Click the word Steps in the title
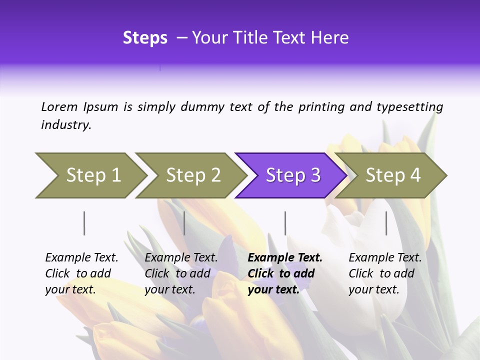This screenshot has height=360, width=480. pos(145,38)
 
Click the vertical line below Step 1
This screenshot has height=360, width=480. pos(84,223)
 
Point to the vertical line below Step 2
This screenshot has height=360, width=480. pos(184,223)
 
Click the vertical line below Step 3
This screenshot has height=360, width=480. pos(285,223)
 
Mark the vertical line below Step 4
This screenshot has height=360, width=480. pos(386,223)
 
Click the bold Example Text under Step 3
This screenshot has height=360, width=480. pos(285,257)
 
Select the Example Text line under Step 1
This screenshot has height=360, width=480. pos(81,257)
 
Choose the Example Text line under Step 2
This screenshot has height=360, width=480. pos(181,257)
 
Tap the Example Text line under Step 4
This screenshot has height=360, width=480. pos(385,257)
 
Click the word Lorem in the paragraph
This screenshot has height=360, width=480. pos(59,107)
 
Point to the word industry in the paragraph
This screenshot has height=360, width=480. pos(66,125)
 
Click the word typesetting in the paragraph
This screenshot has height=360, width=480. pos(409,107)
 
